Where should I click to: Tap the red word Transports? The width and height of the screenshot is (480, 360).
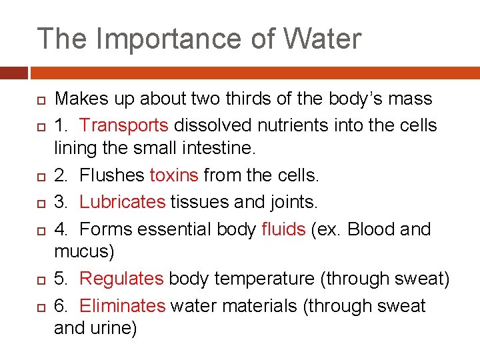125,125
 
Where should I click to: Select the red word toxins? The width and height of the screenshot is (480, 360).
174,175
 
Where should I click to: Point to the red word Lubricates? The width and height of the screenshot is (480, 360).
123,201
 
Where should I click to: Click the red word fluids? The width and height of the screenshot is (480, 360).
283,229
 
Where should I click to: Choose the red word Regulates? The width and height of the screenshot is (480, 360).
121,279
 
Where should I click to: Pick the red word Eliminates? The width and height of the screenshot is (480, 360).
123,305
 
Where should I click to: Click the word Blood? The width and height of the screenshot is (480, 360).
371,229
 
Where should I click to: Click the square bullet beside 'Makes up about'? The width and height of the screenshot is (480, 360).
41,100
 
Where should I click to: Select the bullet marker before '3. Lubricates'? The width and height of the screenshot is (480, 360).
41,203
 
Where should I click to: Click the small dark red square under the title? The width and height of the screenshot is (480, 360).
13,72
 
